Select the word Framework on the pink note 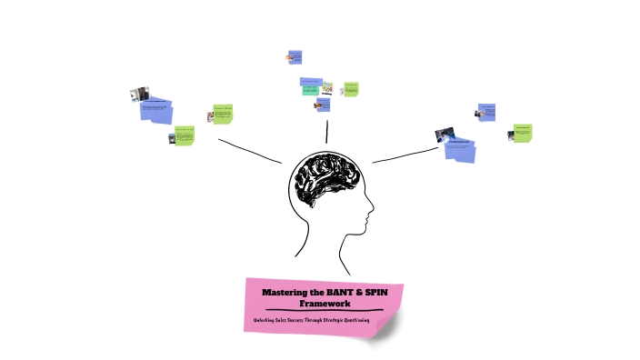(x=325, y=303)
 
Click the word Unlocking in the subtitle (x=270, y=322)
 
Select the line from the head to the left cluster (x=249, y=150)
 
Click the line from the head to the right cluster (x=405, y=152)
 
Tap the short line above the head (x=324, y=130)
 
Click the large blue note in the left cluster (x=155, y=112)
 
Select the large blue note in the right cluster (x=461, y=149)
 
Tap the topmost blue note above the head (x=295, y=56)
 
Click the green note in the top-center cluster (x=351, y=89)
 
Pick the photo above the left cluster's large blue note (x=139, y=94)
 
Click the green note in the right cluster (x=522, y=133)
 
